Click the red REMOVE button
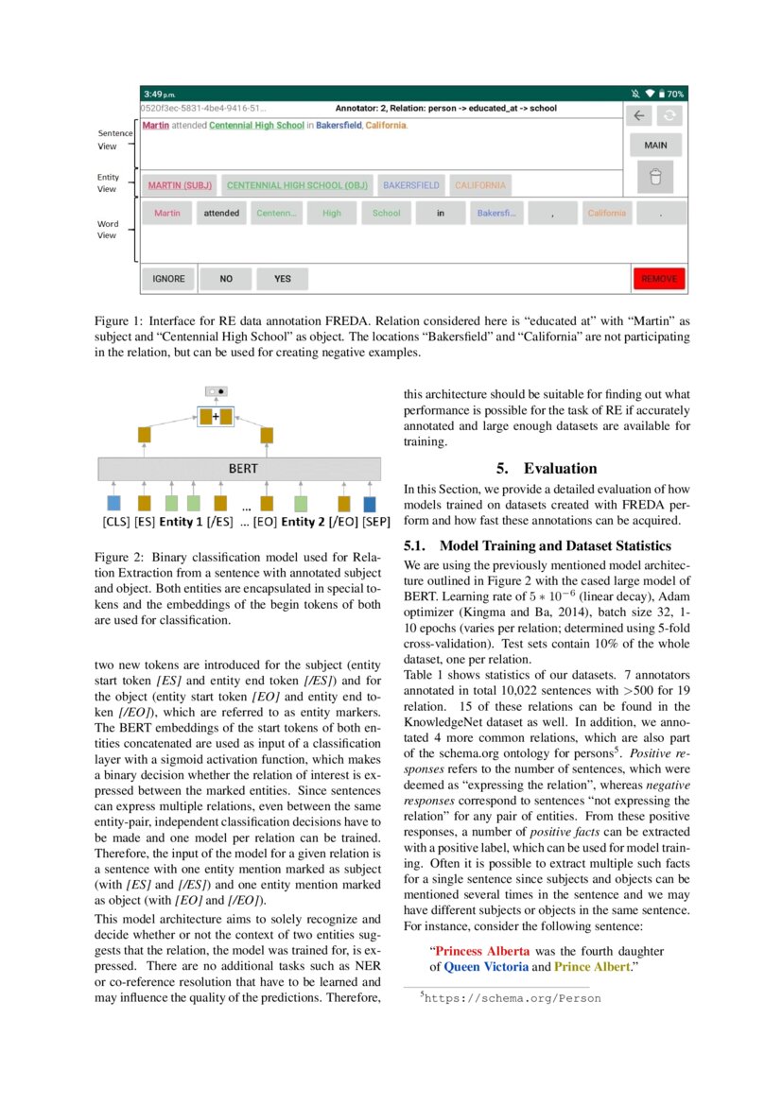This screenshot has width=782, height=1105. click(x=659, y=279)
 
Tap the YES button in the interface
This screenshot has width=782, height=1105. click(x=282, y=279)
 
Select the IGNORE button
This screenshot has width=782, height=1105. click(x=168, y=279)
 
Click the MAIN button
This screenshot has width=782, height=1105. click(x=655, y=146)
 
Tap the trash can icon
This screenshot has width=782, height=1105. click(x=655, y=178)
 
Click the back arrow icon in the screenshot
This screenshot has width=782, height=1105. click(x=639, y=115)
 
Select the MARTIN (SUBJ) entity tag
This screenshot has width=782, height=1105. click(x=179, y=185)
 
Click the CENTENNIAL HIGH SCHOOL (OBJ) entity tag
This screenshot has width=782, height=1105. click(x=297, y=185)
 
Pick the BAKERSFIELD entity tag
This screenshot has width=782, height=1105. click(x=410, y=185)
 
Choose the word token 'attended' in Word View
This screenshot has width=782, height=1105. click(x=221, y=214)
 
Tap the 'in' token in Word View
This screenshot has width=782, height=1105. click(x=440, y=214)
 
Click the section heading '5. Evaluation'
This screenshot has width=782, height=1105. click(x=547, y=468)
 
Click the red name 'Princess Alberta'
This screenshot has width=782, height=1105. click(x=480, y=951)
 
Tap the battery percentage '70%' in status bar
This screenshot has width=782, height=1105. click(x=675, y=95)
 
